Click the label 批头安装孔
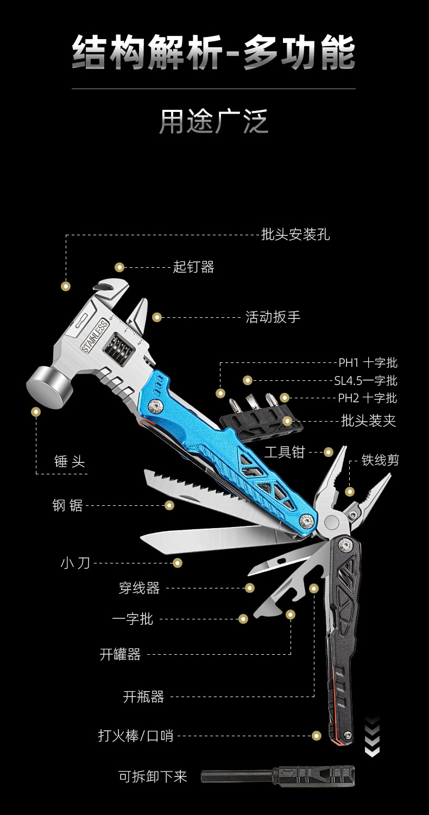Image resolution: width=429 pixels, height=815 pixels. [295, 235]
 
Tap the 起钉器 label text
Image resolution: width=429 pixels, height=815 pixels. [193, 267]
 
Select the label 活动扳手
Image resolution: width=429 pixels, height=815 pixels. [273, 317]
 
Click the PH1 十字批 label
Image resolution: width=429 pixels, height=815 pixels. [368, 363]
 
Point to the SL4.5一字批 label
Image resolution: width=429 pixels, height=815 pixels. [365, 380]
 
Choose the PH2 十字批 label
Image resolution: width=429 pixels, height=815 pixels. [367, 398]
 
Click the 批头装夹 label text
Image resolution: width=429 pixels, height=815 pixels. [368, 421]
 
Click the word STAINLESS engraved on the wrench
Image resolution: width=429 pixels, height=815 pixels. [95, 337]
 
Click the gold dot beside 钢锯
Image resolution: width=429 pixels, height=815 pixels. [169, 505]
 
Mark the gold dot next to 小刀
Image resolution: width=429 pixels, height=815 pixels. [178, 563]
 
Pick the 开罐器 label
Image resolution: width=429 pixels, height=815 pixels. [120, 654]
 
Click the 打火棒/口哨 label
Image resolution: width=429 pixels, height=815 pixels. [136, 736]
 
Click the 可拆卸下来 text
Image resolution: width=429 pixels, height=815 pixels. [153, 776]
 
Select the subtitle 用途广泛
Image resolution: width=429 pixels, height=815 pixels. [214, 122]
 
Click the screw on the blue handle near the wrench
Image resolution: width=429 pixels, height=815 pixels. [158, 405]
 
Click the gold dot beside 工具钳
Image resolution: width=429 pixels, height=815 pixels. [328, 452]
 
